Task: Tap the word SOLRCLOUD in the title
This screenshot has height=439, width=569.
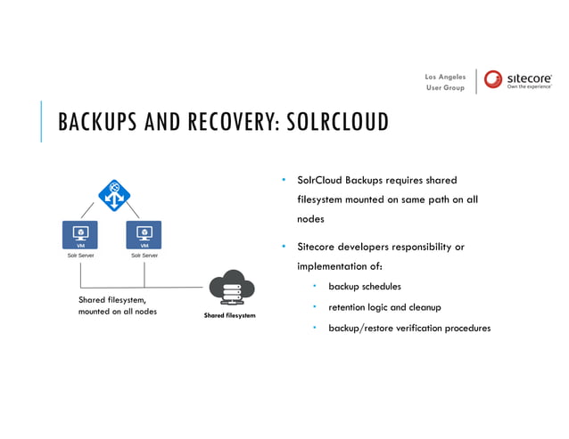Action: pyautogui.click(x=336, y=122)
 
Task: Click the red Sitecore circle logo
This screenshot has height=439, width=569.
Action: pyautogui.click(x=494, y=79)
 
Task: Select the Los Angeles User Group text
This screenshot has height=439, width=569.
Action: pyautogui.click(x=445, y=82)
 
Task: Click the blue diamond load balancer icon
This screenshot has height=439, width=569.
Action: pyautogui.click(x=114, y=195)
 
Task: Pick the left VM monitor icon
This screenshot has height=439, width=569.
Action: pyautogui.click(x=80, y=235)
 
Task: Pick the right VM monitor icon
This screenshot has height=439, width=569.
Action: pyautogui.click(x=144, y=235)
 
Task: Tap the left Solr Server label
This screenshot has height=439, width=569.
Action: pyautogui.click(x=80, y=255)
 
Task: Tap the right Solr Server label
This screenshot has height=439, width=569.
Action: pyautogui.click(x=144, y=255)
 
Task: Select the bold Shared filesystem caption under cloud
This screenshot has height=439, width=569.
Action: pyautogui.click(x=229, y=315)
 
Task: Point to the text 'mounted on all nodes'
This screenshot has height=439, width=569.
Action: pyautogui.click(x=118, y=312)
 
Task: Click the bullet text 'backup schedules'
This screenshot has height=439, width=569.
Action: pyautogui.click(x=364, y=287)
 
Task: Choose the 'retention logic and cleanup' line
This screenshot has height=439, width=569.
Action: pyautogui.click(x=384, y=307)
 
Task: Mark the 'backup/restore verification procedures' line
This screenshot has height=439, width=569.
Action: pyautogui.click(x=409, y=328)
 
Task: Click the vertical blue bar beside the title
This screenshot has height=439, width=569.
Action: pyautogui.click(x=41, y=121)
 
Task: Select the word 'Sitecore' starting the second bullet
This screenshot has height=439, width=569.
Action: pyautogui.click(x=316, y=247)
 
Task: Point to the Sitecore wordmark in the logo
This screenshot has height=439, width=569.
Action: pyautogui.click(x=530, y=77)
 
